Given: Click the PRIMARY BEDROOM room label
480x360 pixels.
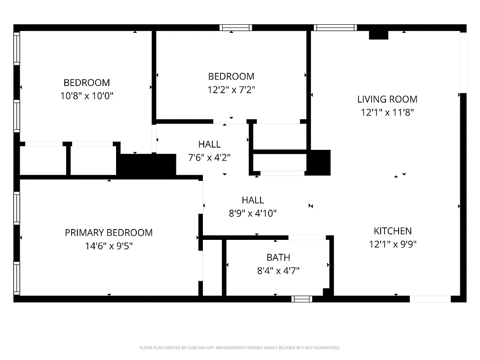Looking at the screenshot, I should [108, 233].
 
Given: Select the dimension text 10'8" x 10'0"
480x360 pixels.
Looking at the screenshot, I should [86, 96].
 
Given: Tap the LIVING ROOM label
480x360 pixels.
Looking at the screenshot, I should [387, 99].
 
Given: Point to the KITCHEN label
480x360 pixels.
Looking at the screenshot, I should [392, 231].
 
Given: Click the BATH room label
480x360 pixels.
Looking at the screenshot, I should [278, 257].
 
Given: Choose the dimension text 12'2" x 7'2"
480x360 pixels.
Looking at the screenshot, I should [231, 90].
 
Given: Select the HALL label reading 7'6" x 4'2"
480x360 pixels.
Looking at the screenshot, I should [209, 144].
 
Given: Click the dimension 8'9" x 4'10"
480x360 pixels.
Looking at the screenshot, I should [252, 213].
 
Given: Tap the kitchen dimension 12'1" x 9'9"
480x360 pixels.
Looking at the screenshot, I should [392, 244].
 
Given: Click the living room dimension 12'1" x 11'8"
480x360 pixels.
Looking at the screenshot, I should [387, 112].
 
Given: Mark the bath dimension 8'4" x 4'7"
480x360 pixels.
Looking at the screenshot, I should [278, 271].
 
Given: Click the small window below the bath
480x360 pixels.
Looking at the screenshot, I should [301, 299].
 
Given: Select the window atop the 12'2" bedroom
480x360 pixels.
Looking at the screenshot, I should [235, 28].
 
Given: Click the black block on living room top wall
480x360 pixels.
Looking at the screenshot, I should [378, 35].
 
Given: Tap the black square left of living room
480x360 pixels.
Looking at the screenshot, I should [319, 162].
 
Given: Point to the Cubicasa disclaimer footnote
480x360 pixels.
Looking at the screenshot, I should [240, 348].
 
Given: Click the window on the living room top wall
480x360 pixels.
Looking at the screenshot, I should [335, 28].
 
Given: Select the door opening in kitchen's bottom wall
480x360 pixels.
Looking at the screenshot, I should [430, 299].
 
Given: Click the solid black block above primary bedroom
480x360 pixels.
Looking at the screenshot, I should [146, 165].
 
